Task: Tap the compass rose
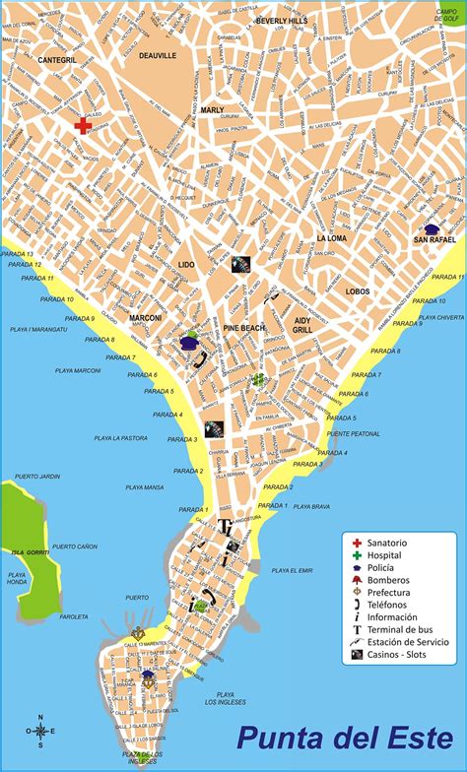coord(40,730)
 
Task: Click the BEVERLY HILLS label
coord(281,20)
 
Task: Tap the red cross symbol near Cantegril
coord(84,126)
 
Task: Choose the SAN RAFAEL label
coord(434,239)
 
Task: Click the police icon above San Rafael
coord(432,228)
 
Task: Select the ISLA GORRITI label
coord(24,552)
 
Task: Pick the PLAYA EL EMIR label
coord(292,569)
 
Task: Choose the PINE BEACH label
coord(242,327)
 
